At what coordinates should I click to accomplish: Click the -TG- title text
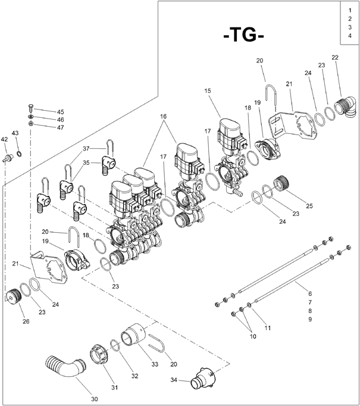(x=243, y=35)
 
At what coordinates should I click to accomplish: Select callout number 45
(x=60, y=112)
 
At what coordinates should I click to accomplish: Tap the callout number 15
(x=207, y=90)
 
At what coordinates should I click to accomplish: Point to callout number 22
(x=335, y=58)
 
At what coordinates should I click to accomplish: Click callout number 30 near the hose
(x=95, y=399)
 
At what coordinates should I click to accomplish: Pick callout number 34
(x=174, y=380)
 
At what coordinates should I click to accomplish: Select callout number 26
(x=26, y=321)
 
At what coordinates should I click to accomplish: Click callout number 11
(x=267, y=328)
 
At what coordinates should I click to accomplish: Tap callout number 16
(x=163, y=116)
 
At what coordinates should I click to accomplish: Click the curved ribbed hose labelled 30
(x=65, y=367)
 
